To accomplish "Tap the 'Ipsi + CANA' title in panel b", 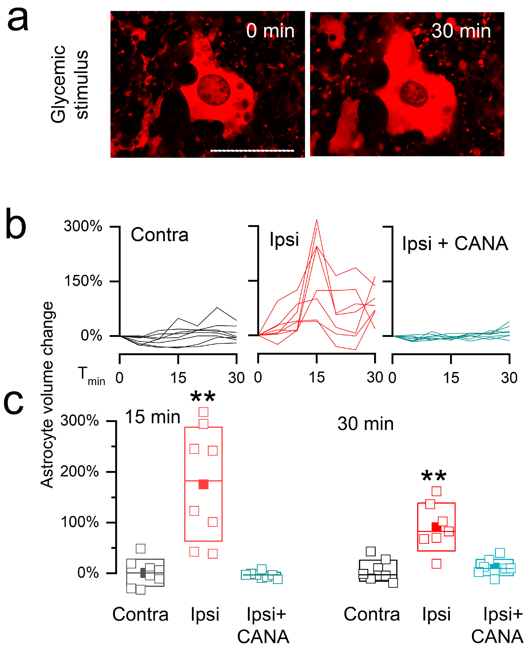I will pyautogui.click(x=455, y=244).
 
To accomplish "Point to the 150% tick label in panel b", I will pyautogui.click(x=83, y=281).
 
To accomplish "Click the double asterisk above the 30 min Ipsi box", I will pyautogui.click(x=434, y=476).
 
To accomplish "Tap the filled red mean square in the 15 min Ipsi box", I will pyautogui.click(x=203, y=484).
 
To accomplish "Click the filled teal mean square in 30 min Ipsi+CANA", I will pyautogui.click(x=495, y=566).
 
